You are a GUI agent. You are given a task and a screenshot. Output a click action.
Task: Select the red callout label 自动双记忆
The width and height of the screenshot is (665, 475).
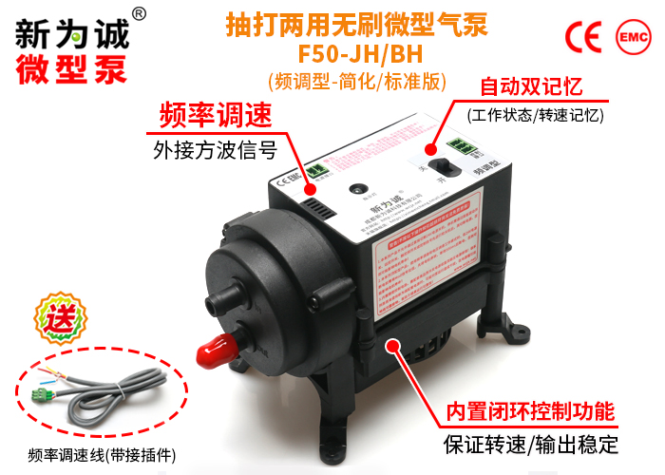coord(532,88)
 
